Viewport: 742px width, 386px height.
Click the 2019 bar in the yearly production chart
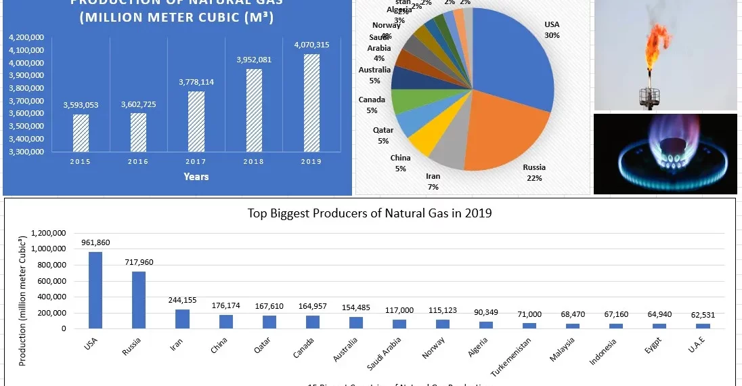pos(311,103)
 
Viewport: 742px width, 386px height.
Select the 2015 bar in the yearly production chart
pos(81,133)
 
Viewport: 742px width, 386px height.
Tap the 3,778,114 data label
pos(196,82)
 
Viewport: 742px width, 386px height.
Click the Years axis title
pos(196,177)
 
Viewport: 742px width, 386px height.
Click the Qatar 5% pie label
pos(383,135)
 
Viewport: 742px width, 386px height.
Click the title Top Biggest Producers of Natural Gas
pos(370,213)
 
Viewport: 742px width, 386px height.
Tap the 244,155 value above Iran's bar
pos(181,300)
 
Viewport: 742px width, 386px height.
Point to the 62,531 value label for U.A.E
pos(701,315)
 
